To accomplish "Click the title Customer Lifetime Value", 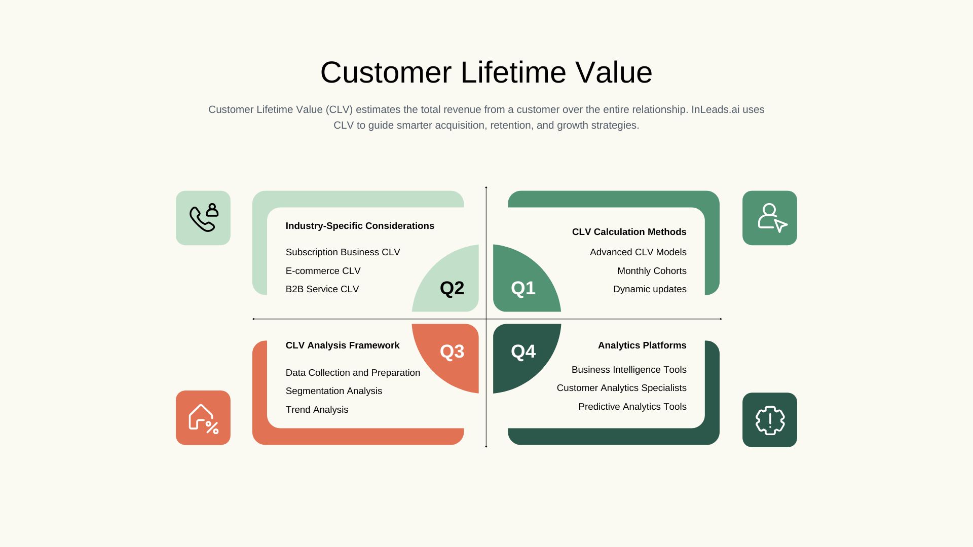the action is tap(486, 72).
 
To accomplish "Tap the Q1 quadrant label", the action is tap(523, 288).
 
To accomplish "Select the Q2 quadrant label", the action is tap(452, 288).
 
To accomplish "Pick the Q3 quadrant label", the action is tap(452, 351).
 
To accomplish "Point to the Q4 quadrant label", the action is tap(523, 351).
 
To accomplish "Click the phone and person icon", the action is tap(204, 218).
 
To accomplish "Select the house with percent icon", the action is tap(203, 419).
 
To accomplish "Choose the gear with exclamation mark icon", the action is tap(770, 420).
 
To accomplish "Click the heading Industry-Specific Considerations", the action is tap(360, 226).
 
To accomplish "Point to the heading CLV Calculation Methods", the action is tap(629, 232).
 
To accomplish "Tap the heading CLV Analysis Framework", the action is tap(343, 345).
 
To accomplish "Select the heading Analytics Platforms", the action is tap(642, 345).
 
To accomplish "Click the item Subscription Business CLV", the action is tap(343, 252).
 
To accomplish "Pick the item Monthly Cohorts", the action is tap(652, 271).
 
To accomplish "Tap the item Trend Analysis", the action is tap(317, 410).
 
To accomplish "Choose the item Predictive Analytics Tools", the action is tap(632, 407).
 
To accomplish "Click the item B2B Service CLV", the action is tap(322, 289).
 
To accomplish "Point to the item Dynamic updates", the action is tap(650, 289).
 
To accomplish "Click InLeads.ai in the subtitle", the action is tap(715, 109).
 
